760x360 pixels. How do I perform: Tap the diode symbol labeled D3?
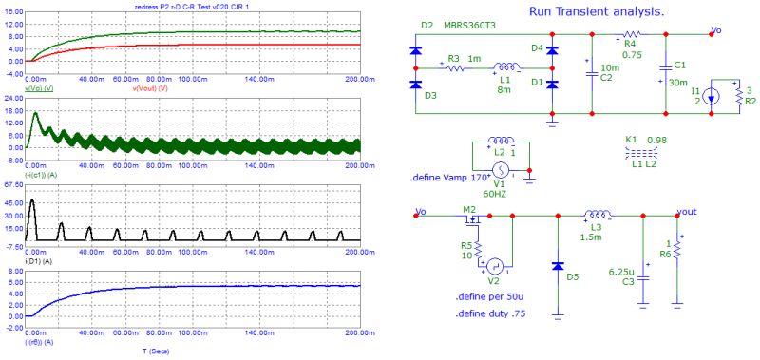414,85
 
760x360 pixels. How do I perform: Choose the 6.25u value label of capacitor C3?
620,272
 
